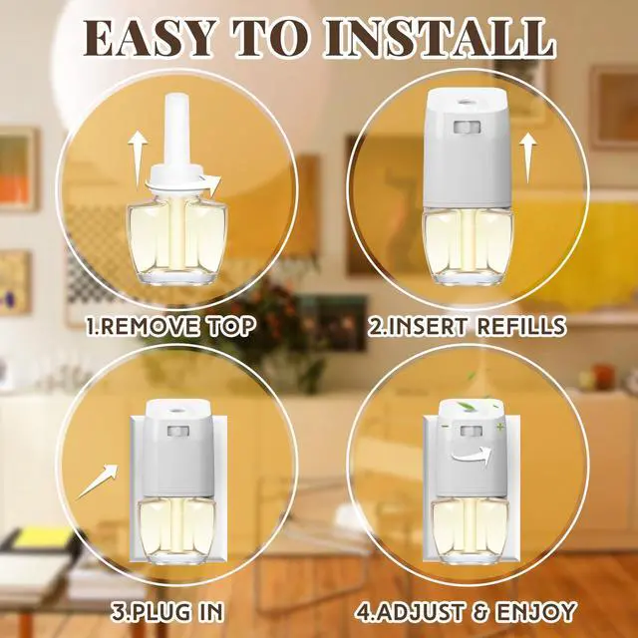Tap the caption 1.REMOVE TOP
171,326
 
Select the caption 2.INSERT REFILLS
467,326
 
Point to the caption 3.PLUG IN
167,611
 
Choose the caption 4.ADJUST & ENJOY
466,611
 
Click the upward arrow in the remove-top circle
138,157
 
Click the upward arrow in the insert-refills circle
528,159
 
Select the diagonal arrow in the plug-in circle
98,480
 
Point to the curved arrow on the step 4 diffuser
471,454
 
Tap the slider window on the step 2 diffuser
467,127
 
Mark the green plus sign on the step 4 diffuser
498,427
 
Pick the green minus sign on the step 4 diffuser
446,427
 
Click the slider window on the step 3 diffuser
178,432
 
